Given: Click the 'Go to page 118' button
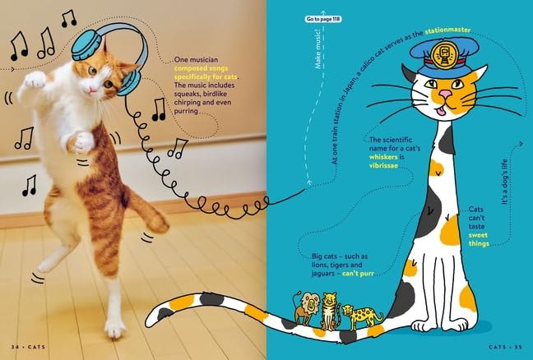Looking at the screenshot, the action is pos(323,19).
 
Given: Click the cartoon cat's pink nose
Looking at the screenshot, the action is pos(445,94).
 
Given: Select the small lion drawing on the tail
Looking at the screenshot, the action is pos(307,307).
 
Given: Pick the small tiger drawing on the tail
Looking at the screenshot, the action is pos(330,311).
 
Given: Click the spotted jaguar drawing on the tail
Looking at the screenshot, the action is pos(361,316).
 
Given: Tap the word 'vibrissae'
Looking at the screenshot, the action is pos(383,166).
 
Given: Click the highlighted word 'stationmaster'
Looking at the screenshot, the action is pos(447,30).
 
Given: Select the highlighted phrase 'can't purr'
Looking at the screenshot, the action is pos(358,274).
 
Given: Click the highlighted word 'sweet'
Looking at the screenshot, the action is pos(478,235).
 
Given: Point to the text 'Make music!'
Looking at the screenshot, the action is pos(318,49).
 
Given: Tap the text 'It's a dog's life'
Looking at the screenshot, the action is pos(505,182).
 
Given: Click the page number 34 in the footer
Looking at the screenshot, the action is pos(15,347).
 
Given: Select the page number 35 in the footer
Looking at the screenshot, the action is pos(517,347).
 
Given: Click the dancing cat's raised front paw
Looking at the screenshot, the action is pos(35,81).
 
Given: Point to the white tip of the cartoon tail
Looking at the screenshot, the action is pos(155,317).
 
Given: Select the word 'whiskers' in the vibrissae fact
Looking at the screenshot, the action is pos(383,157).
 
